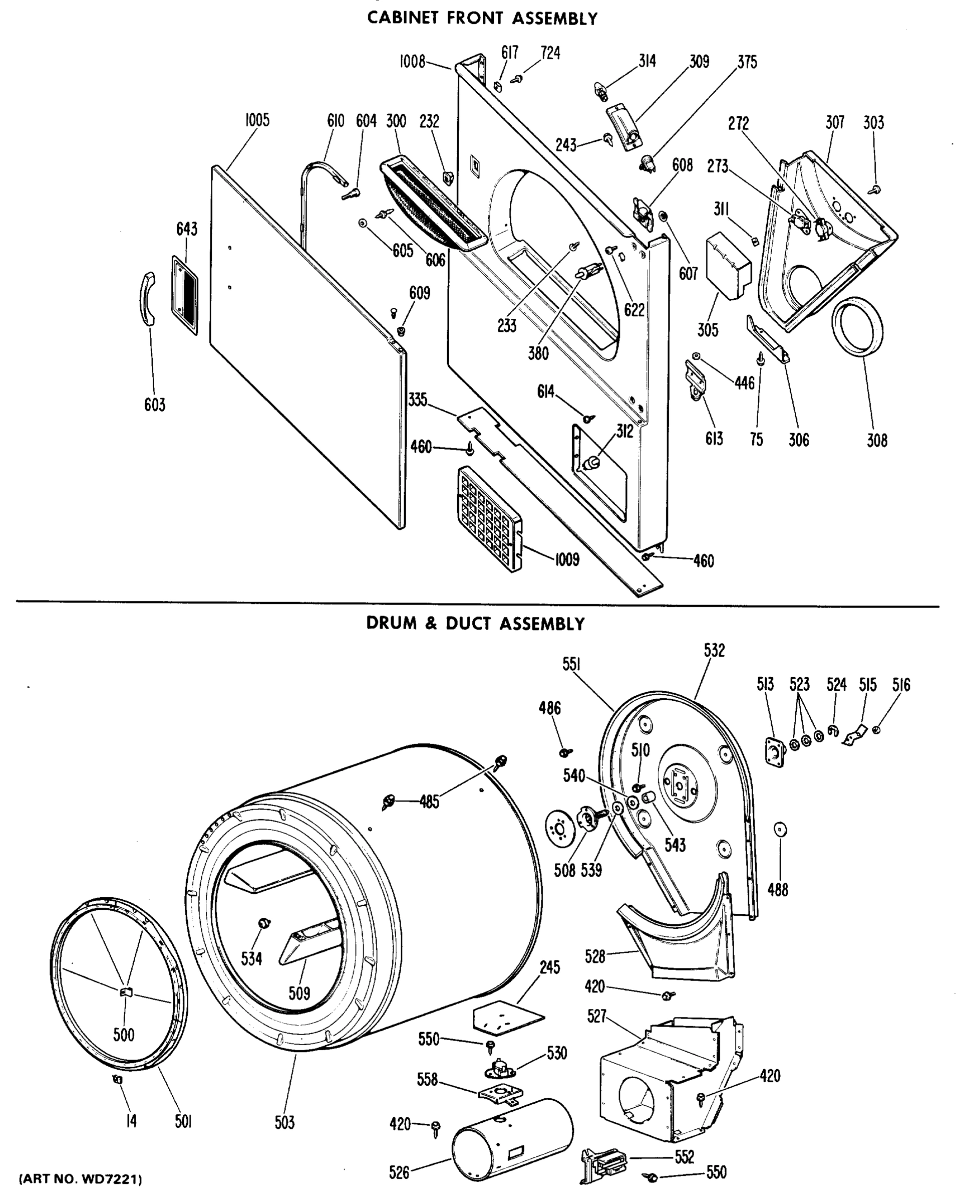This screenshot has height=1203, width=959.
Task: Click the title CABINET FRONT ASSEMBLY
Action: [x=482, y=19]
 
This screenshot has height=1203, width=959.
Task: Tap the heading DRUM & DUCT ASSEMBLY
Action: [x=475, y=623]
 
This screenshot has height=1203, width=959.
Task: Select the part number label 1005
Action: [x=257, y=120]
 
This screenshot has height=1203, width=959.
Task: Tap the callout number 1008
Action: [x=413, y=61]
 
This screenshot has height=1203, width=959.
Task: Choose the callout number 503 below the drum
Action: [x=284, y=1123]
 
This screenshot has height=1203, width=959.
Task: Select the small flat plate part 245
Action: [x=507, y=1017]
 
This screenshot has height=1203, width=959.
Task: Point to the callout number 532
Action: [x=714, y=651]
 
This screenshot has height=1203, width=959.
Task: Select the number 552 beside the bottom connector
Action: [x=684, y=1157]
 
